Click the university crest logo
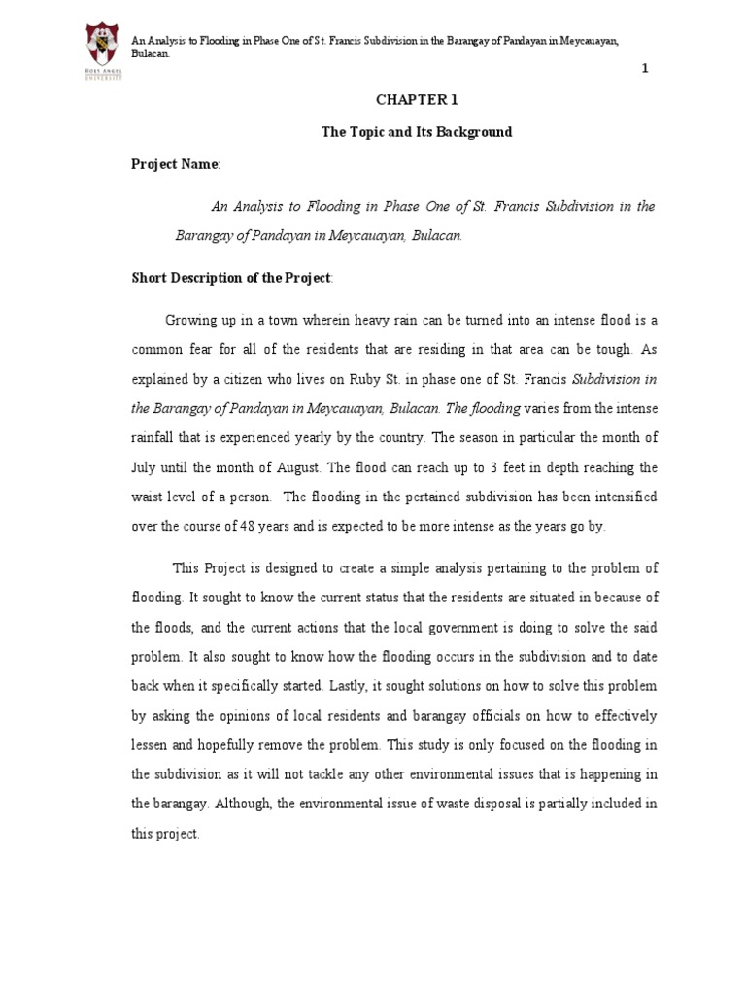pyautogui.click(x=104, y=50)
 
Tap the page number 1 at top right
pyautogui.click(x=643, y=67)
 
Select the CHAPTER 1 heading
pyautogui.click(x=417, y=99)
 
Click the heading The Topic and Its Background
pyautogui.click(x=417, y=132)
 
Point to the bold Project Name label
pyautogui.click(x=175, y=164)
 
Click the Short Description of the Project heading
pyautogui.click(x=231, y=278)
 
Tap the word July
pyautogui.click(x=144, y=467)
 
